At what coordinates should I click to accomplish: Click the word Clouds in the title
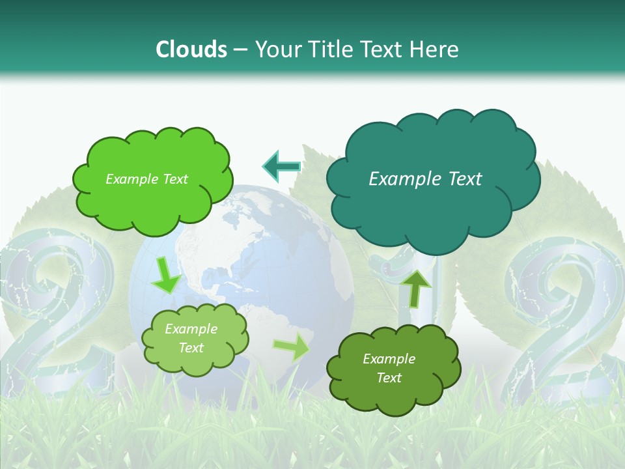(191, 49)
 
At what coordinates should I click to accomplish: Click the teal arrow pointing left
(282, 167)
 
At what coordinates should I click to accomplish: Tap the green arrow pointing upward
(415, 287)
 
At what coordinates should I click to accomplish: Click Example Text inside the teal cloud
(425, 178)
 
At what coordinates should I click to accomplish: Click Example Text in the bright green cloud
(146, 179)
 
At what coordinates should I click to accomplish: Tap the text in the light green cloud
(191, 339)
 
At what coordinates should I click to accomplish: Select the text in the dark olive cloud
(389, 368)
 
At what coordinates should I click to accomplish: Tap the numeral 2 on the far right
(566, 326)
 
